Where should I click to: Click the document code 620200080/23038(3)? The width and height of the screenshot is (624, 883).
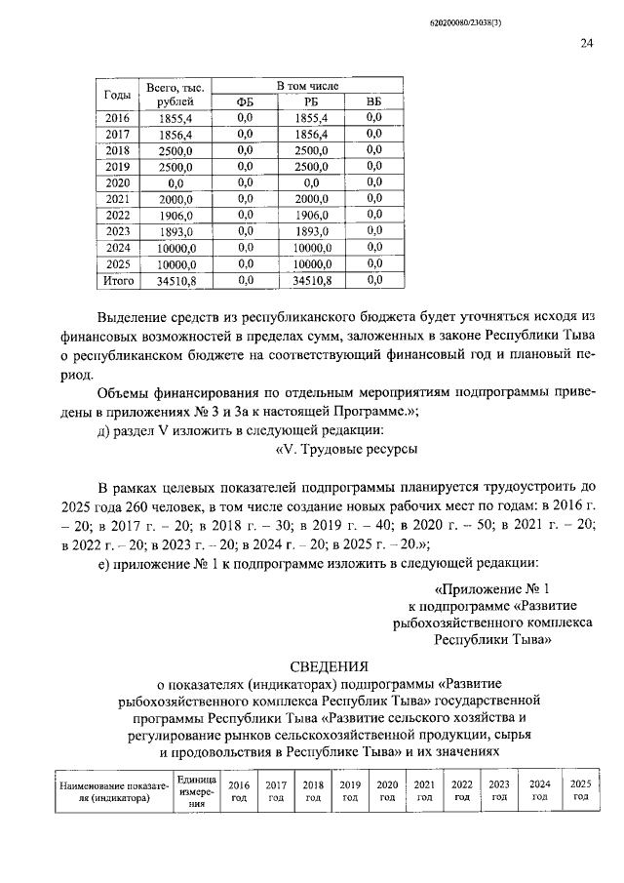click(546, 20)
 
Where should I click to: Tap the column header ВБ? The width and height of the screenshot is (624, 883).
click(373, 102)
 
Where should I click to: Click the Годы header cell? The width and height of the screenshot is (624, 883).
click(117, 95)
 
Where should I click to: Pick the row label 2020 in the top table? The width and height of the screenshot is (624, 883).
click(117, 183)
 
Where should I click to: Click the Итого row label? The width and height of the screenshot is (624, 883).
click(117, 281)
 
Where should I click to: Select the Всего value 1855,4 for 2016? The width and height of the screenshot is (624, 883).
click(175, 118)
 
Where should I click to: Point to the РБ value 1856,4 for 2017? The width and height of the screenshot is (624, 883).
click(311, 135)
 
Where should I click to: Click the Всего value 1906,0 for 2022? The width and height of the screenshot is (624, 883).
click(175, 216)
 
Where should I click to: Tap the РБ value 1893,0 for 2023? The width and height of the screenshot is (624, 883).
click(311, 232)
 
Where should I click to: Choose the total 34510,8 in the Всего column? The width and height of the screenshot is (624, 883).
click(175, 281)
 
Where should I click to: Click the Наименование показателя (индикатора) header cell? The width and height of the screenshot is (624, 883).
click(114, 791)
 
